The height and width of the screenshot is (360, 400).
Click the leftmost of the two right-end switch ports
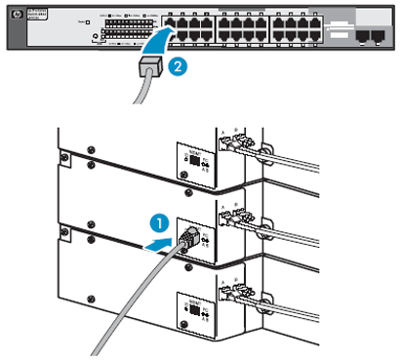pyautogui.click(x=363, y=34)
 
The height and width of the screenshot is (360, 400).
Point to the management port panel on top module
pyautogui.click(x=192, y=161)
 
